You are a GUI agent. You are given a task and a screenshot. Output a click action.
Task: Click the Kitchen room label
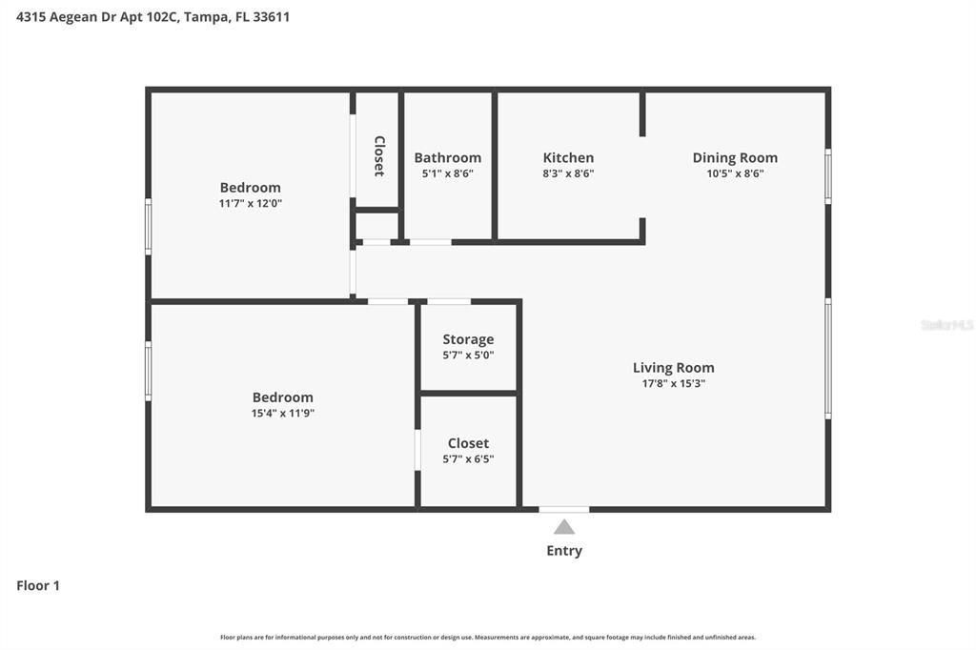pos(568,157)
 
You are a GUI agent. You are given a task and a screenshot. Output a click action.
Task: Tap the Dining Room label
pos(735,158)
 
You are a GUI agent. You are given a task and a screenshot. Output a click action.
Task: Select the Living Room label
pos(674,368)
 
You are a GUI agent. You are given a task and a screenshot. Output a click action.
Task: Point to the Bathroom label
pos(448,157)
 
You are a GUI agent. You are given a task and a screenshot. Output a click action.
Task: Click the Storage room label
pos(468,340)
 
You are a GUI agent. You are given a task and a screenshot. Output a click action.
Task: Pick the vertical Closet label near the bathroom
pos(378,156)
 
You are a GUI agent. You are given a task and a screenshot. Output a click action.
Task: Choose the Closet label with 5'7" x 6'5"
pos(468,443)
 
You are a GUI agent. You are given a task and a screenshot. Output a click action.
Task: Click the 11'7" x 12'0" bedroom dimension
pos(251,203)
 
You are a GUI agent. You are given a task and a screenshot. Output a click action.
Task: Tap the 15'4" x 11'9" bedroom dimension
pos(282,413)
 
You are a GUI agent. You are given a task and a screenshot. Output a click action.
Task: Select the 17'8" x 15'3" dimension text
pos(674,383)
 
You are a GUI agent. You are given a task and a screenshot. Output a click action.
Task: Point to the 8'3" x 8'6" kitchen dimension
pos(568,173)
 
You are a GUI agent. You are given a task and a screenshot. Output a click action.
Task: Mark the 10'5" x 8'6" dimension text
pos(735,173)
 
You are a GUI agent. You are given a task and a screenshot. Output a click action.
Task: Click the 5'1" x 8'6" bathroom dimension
pos(448,173)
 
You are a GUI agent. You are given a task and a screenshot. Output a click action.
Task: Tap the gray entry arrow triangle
pos(564,528)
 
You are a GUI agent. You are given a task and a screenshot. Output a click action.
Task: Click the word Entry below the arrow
pos(564,551)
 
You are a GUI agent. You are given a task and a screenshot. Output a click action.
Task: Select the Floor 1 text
pos(38,585)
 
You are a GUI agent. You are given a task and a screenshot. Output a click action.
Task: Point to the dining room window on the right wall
pos(828,176)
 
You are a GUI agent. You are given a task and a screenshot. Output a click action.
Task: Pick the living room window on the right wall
pos(828,358)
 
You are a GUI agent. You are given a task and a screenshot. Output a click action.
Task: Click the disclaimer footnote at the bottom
pos(488,638)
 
